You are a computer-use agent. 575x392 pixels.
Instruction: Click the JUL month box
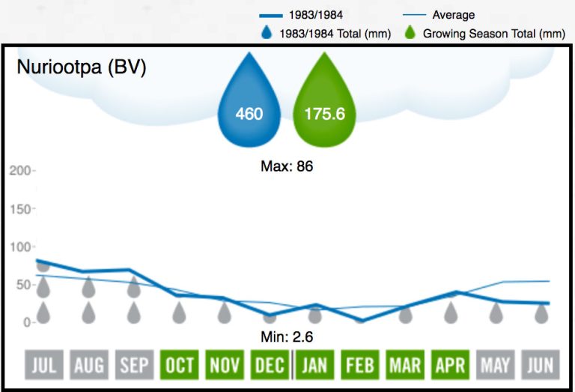coord(44,365)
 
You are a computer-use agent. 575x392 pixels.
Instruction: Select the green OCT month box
coord(180,365)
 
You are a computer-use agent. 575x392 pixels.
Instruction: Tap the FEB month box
coord(359,365)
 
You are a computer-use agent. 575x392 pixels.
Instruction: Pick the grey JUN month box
coord(540,365)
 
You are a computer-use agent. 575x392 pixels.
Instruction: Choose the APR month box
coord(450,365)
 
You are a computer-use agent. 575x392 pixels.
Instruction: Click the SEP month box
coord(135,365)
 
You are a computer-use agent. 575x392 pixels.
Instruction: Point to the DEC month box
coord(270,365)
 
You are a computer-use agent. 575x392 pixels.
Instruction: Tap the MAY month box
coord(495,365)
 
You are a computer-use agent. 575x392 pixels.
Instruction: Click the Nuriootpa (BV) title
coord(81,67)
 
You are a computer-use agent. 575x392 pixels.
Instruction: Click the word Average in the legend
coord(453,15)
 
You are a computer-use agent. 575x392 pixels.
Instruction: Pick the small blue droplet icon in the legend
coord(267,33)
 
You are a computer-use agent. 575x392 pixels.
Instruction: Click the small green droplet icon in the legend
coord(409,33)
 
